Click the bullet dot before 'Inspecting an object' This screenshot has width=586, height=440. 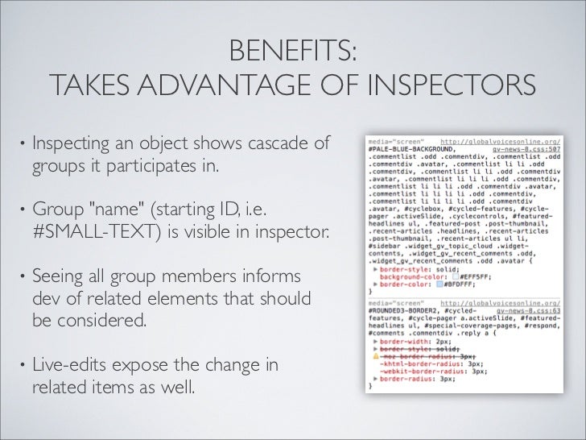coord(23,147)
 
